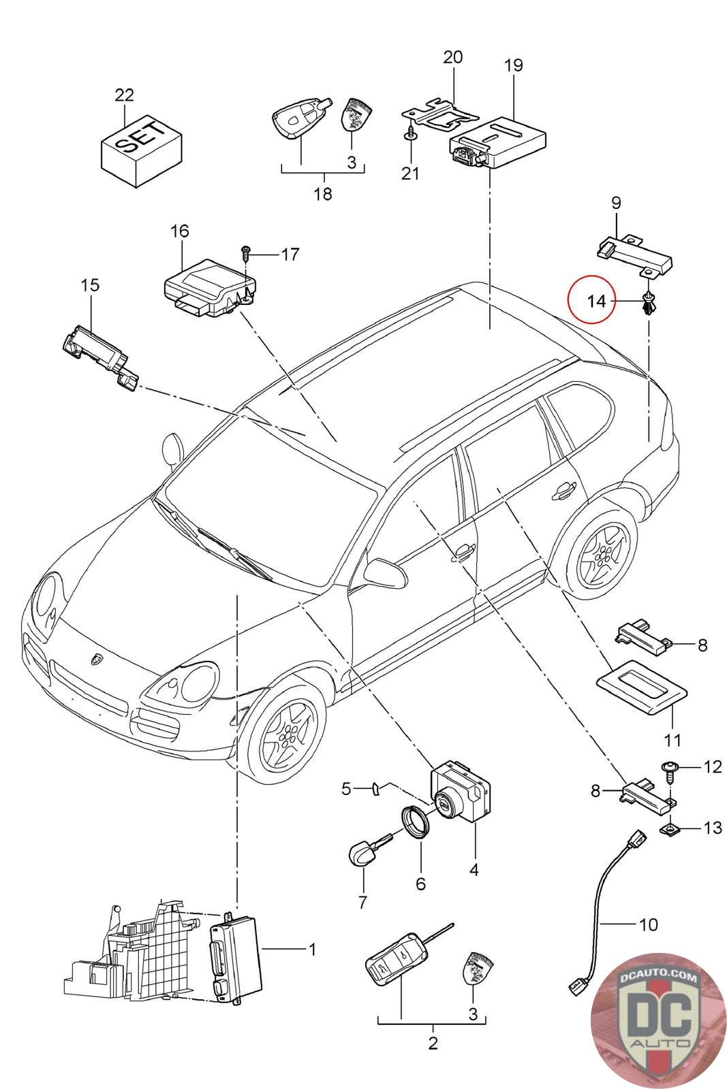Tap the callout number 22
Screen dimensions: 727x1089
(x=124, y=95)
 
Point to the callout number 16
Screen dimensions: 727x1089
(x=180, y=231)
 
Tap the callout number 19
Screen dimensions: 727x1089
(x=514, y=65)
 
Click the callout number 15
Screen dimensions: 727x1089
(x=90, y=285)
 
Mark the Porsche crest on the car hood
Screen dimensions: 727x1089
(x=95, y=660)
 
